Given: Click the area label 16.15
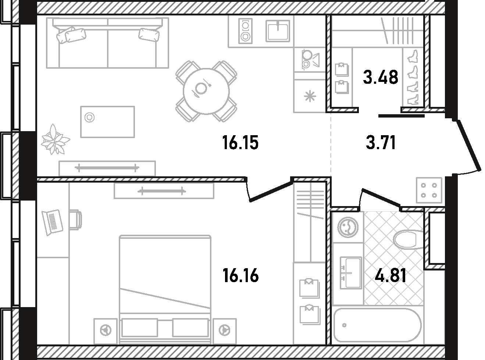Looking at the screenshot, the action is (x=240, y=143).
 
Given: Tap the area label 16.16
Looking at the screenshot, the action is (x=240, y=276).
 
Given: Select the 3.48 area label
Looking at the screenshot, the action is (x=381, y=77).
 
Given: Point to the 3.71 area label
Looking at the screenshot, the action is (x=381, y=143).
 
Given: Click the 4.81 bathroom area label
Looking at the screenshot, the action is (x=391, y=276).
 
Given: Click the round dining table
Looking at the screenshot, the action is (x=206, y=91).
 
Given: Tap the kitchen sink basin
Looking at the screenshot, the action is (x=278, y=31).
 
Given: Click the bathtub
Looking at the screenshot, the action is (x=377, y=331).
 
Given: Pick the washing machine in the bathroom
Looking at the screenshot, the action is (x=348, y=227).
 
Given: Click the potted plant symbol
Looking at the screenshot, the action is (x=55, y=140).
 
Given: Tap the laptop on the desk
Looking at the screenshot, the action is (x=53, y=222).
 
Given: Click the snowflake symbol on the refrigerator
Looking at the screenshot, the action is (x=310, y=97).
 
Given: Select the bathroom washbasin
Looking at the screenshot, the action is (x=350, y=273).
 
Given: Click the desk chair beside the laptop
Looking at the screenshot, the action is (x=75, y=220).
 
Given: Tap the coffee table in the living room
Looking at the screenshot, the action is (x=107, y=122).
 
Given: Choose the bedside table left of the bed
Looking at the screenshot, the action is (x=106, y=331).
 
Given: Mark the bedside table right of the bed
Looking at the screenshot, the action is (x=225, y=331).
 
